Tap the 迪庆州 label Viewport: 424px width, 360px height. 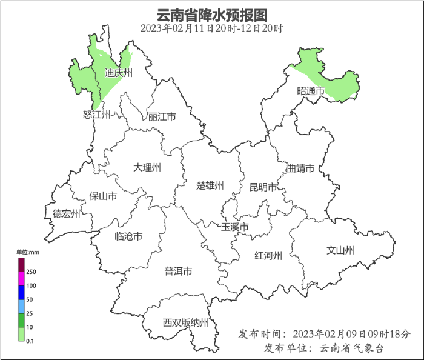[118, 73]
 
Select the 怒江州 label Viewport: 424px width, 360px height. [97, 115]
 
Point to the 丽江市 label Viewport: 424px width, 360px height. [162, 117]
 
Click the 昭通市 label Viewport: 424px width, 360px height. [311, 91]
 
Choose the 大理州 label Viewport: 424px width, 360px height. [148, 167]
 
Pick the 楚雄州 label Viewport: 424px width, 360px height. [211, 185]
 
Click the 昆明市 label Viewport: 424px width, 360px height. [263, 187]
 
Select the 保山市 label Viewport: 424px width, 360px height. [103, 196]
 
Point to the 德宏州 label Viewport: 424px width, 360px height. [66, 213]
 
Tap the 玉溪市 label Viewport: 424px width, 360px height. [234, 227]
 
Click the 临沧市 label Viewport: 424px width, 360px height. [128, 236]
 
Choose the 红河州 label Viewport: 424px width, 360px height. [268, 255]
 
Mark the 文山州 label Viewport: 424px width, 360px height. [340, 250]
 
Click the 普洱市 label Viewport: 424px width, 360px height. [179, 271]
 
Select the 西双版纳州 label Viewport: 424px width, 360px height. [186, 322]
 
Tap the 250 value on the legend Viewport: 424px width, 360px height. [31, 272]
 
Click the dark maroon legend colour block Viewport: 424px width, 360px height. [21, 265]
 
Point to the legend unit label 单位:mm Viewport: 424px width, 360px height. [27, 252]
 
